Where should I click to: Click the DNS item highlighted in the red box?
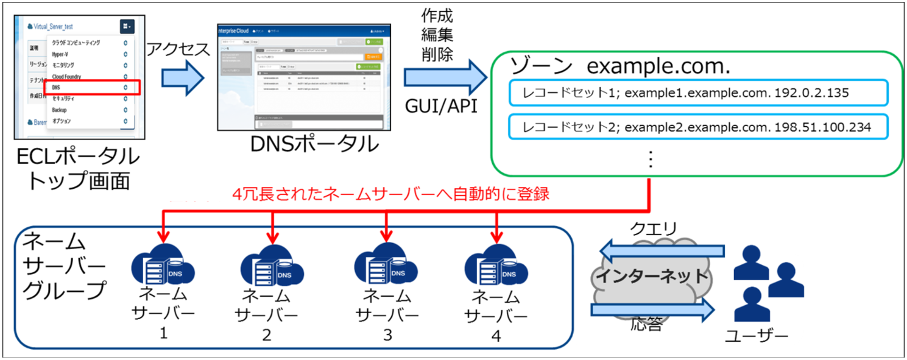tap(91, 88)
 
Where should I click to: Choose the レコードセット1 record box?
tap(697, 93)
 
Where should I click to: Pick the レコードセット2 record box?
tap(697, 127)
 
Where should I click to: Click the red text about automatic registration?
tap(391, 194)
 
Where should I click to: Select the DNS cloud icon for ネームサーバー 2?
tap(271, 269)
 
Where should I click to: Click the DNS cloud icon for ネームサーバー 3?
tap(385, 267)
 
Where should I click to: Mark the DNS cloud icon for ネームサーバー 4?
tap(495, 269)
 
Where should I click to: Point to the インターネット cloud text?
tap(652, 275)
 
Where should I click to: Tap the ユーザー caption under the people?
tap(757, 335)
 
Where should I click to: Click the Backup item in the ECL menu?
tap(60, 110)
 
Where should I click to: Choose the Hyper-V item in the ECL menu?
tap(60, 54)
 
